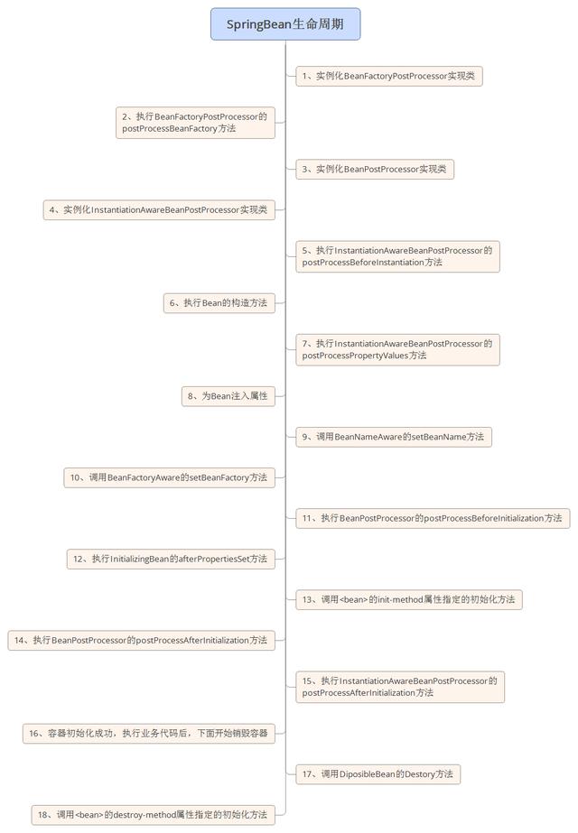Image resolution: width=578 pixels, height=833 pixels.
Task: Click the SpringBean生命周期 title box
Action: [x=285, y=24]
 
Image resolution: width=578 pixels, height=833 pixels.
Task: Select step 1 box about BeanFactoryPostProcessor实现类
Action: [x=388, y=77]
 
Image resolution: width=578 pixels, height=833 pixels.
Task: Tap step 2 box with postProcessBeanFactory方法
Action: [x=195, y=123]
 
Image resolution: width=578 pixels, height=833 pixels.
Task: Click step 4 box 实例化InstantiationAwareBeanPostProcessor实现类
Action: [x=159, y=210]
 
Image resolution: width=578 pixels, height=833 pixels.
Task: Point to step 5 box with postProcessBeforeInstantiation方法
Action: [x=397, y=256]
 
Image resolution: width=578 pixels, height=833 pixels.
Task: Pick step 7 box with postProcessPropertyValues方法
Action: [x=397, y=349]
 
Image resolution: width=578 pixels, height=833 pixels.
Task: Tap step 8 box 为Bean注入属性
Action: [x=228, y=395]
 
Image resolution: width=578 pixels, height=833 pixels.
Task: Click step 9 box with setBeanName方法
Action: [x=393, y=437]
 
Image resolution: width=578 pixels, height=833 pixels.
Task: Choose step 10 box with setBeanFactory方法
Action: [x=169, y=477]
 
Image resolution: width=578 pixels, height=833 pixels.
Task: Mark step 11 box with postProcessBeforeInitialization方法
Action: [x=433, y=518]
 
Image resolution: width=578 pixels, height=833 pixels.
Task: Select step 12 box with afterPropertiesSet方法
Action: [x=171, y=560]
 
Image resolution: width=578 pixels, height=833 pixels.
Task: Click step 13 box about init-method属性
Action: [x=409, y=599]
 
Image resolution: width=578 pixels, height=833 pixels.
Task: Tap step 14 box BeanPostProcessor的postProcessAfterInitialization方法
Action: [x=141, y=640]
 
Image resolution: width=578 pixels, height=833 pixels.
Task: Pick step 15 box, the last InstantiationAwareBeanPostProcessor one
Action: [x=399, y=687]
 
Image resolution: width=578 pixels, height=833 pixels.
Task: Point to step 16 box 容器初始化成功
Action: [x=148, y=734]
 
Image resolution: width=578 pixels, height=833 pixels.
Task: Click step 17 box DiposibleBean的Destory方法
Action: [x=378, y=773]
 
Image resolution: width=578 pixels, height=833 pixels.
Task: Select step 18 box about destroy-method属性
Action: [x=153, y=815]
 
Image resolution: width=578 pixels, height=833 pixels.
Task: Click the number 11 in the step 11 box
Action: [x=308, y=519]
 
